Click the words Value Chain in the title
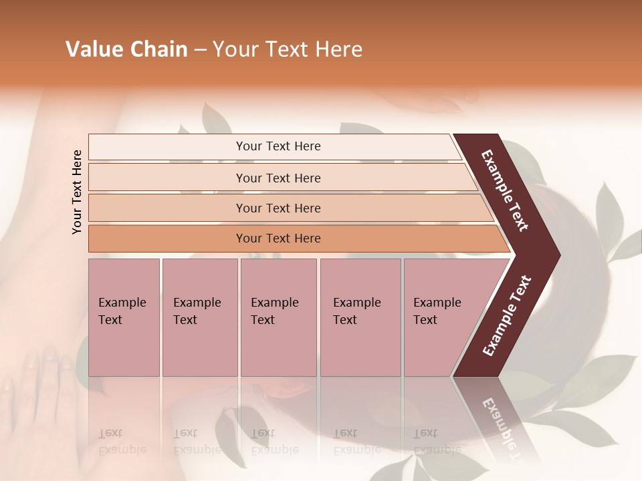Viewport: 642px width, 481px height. click(x=126, y=49)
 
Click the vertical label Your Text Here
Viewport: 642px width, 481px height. click(x=77, y=192)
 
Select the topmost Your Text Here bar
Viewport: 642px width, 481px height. click(x=278, y=146)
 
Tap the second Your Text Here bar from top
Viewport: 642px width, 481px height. click(x=278, y=178)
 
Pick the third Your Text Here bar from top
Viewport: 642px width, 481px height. click(x=278, y=208)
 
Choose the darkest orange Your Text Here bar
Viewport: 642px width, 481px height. click(x=278, y=238)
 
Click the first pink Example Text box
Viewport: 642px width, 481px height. click(x=124, y=317)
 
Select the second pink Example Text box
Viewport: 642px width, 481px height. click(x=199, y=317)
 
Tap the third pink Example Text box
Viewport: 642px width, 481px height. click(x=278, y=317)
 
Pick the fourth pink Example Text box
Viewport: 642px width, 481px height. click(x=360, y=317)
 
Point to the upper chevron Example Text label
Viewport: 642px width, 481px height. click(x=505, y=190)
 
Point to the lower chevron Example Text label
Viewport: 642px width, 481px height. click(x=507, y=316)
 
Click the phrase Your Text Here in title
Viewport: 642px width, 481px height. click(x=288, y=49)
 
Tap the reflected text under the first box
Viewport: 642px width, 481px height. click(x=122, y=442)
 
